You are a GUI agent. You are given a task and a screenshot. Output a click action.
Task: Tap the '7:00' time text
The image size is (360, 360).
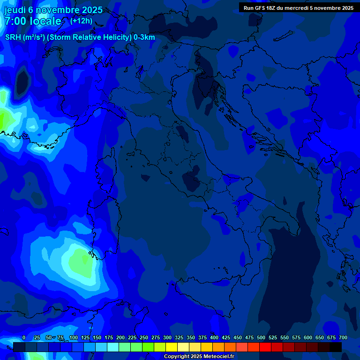click(15, 21)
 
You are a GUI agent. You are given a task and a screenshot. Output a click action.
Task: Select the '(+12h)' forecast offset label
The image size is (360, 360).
click(81, 21)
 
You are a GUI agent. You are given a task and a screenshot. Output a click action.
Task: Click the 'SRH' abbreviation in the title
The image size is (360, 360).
click(13, 37)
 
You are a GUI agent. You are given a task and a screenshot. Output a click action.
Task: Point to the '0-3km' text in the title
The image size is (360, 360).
click(144, 37)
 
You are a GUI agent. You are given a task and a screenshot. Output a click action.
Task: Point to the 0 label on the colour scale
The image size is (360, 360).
click(24, 338)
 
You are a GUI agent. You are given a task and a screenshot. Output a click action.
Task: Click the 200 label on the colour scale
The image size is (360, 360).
click(120, 338)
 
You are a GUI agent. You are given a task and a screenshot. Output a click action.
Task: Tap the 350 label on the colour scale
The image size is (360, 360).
click(191, 338)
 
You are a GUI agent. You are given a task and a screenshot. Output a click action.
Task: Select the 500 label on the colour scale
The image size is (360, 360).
click(261, 338)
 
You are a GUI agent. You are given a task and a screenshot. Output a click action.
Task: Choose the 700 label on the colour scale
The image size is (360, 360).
click(343, 338)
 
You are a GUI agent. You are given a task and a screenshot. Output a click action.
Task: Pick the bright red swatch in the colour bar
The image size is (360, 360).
click(265, 347)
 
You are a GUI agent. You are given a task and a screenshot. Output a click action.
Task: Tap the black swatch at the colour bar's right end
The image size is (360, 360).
click(336, 347)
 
